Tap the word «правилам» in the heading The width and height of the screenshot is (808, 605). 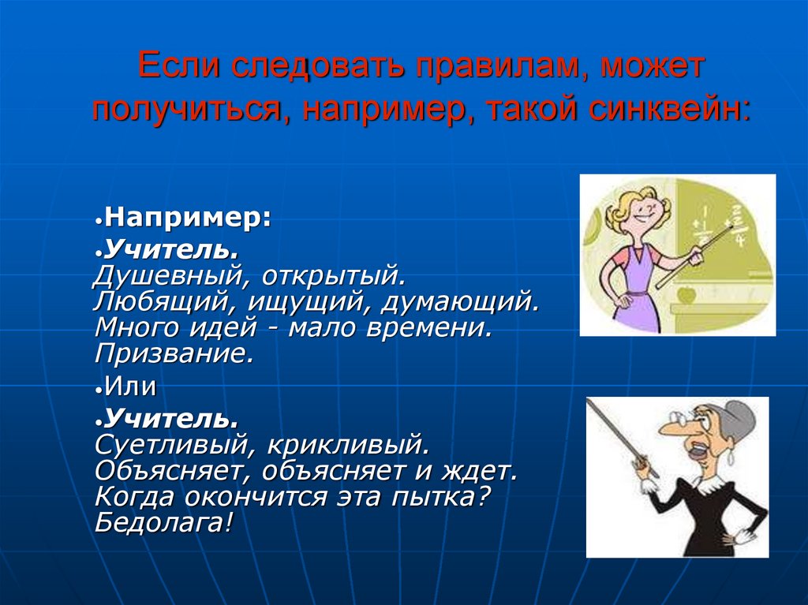(505, 65)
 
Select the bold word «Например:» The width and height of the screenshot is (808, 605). (188, 218)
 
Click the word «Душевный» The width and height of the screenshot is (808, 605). (173, 277)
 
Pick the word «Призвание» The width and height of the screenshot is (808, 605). (174, 353)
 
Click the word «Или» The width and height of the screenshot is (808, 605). (130, 387)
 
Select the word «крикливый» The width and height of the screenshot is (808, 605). (348, 445)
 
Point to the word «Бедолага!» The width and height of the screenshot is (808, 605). (164, 523)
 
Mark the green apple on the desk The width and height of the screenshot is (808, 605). (686, 295)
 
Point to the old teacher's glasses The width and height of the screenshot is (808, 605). (680, 419)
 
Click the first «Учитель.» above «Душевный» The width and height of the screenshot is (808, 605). (172, 251)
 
